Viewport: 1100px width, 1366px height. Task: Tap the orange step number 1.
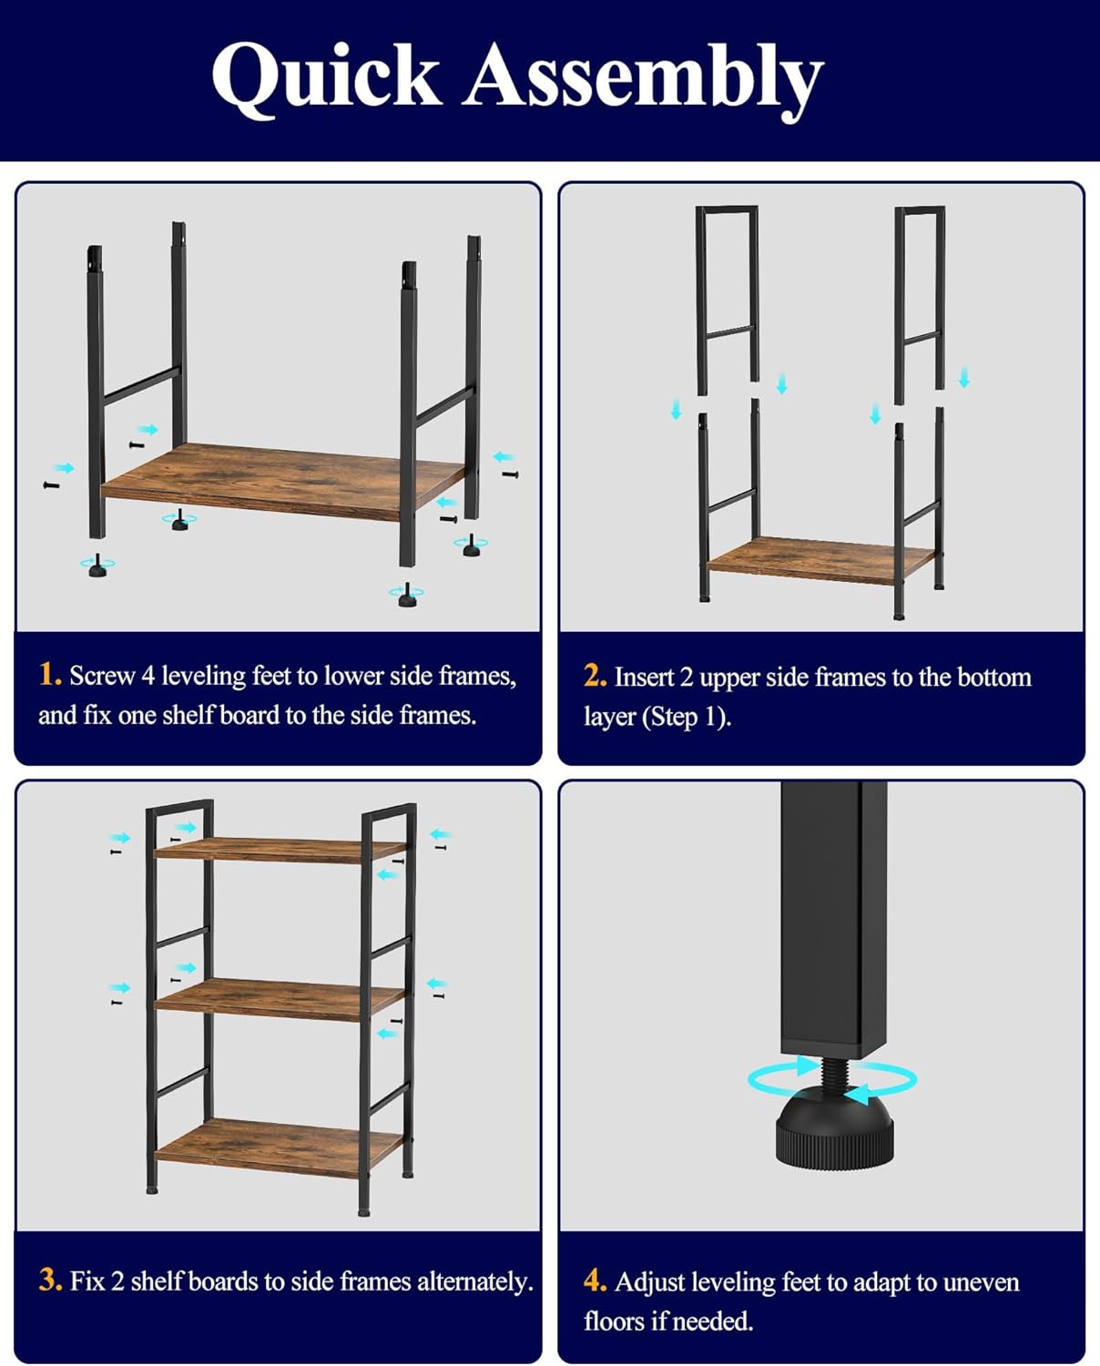click(x=49, y=675)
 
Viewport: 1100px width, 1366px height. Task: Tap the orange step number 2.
click(x=595, y=677)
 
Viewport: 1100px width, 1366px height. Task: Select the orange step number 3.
click(x=50, y=1279)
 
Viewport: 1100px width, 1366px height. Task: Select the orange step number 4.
click(x=595, y=1281)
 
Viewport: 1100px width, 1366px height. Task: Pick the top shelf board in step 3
click(x=280, y=851)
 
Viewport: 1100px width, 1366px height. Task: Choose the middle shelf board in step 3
click(x=280, y=999)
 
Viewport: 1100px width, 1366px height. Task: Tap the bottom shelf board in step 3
click(x=280, y=1147)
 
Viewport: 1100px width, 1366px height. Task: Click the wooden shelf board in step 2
click(x=821, y=559)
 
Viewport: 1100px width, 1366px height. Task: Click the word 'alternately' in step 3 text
click(x=474, y=1281)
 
